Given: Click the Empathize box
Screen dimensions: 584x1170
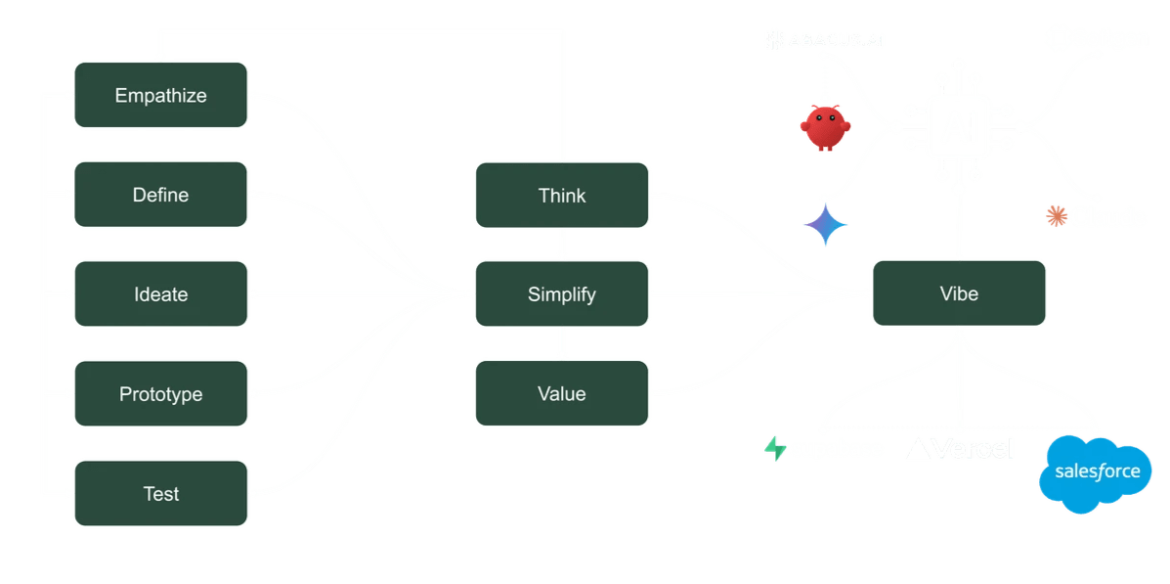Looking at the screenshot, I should coord(161,95).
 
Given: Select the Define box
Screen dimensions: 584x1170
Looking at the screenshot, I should coord(161,195).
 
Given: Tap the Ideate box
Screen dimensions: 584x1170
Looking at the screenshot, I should coord(161,294).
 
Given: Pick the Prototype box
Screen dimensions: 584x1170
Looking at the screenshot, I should coord(161,394).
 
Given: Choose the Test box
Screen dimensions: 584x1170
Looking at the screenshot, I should coord(161,494).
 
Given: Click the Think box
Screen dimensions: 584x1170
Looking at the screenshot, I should coord(562,196).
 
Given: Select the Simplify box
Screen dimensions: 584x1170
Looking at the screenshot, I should coord(562,294).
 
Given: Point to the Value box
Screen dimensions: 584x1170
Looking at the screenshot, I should coord(562,394).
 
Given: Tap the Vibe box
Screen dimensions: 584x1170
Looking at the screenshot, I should coord(959,293).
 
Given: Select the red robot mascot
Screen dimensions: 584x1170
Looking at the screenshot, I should coord(822,128).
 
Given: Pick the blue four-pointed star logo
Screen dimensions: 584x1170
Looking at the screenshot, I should coord(826,224).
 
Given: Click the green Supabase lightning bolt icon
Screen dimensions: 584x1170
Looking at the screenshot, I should coord(776,449).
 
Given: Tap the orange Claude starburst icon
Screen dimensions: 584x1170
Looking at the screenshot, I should coord(1056,215).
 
